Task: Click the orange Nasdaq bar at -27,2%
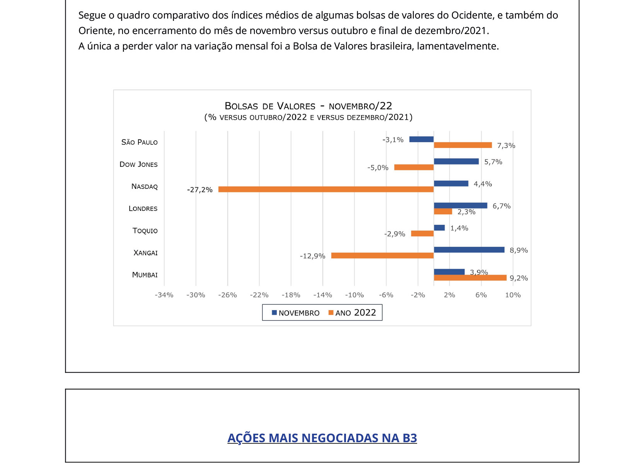coord(325,189)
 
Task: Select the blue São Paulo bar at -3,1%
coord(421,139)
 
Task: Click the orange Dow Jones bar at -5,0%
coord(414,167)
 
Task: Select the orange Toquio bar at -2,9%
coord(422,234)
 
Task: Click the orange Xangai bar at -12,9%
coord(382,256)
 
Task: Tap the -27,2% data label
coord(200,190)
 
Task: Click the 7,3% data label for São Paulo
coord(506,146)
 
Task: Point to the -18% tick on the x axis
coord(291,295)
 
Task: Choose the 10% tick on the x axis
coord(513,295)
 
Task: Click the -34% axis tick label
coord(164,295)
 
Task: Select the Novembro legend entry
coord(296,313)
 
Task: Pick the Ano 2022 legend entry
coord(352,313)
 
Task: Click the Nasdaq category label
coord(145,187)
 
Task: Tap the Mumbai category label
coord(145,275)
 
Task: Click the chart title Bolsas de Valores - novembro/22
coord(308,106)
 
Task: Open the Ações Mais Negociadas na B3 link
coord(322,438)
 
